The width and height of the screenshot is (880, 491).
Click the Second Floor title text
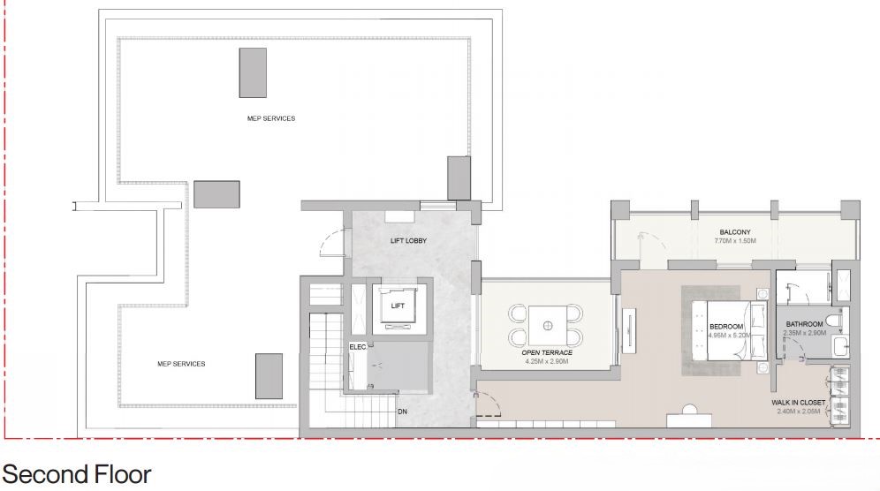pos(77,475)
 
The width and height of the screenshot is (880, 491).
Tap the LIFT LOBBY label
pos(408,241)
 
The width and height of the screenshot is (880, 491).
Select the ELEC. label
pos(358,347)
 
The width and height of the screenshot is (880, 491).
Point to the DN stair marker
pos(402,412)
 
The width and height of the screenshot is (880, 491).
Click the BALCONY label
pos(735,231)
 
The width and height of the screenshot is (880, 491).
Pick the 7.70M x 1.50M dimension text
pos(735,241)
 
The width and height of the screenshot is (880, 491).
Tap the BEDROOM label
pos(726,326)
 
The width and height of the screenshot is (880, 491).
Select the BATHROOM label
pos(804,324)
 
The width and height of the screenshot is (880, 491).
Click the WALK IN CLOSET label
pos(798,403)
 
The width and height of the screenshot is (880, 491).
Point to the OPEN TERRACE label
pos(547,352)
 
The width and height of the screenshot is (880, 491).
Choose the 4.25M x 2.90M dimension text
pos(547,361)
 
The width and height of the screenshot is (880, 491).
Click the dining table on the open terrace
pos(548,326)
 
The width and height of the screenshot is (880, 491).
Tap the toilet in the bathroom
pos(835,321)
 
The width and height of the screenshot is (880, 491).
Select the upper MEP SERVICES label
pos(271,118)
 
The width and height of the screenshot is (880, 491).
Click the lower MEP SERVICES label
pos(181,364)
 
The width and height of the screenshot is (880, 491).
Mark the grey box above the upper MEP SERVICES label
pos(253,73)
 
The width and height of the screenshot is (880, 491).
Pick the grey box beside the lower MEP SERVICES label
pos(269,376)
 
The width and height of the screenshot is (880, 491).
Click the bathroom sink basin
pos(841,346)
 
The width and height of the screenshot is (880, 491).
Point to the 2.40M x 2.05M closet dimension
pos(798,412)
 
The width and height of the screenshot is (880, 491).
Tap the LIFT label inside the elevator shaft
pos(398,306)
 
